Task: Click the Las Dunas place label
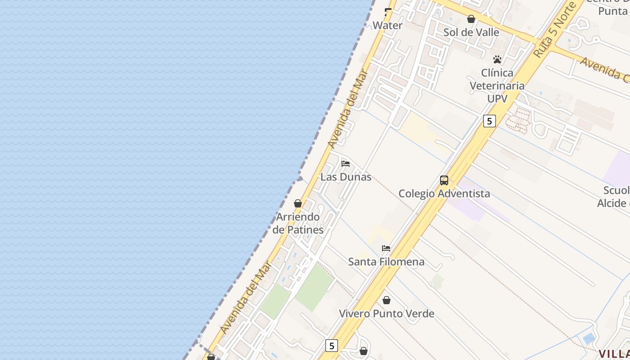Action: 346,177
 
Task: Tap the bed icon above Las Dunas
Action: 346,163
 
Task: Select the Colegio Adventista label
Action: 444,193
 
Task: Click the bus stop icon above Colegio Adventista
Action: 444,180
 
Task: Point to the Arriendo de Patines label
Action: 298,223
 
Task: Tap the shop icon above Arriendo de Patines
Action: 298,203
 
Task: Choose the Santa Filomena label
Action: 386,261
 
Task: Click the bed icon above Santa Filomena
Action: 386,248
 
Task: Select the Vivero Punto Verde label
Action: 386,314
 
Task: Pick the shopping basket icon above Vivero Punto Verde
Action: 386,300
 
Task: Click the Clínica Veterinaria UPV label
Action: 497,85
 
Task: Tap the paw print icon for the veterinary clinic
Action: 497,59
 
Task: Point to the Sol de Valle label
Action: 471,32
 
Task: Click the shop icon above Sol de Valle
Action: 471,19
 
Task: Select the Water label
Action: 387,26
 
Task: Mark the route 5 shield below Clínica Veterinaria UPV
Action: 489,121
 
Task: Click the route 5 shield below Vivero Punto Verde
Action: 332,346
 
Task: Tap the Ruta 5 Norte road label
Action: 555,30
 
